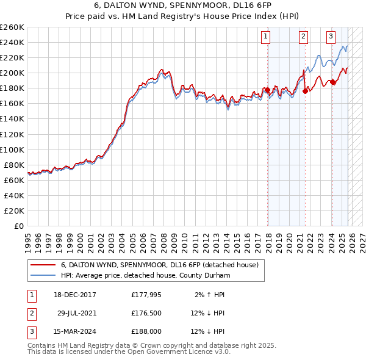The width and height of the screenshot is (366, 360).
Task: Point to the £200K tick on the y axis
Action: click(x=12, y=73)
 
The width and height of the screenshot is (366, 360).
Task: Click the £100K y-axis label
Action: click(x=12, y=149)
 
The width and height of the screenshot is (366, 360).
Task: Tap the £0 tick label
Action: click(x=19, y=226)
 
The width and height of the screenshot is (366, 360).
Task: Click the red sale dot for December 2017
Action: click(x=267, y=90)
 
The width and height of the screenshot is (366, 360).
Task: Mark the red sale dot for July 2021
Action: click(x=305, y=91)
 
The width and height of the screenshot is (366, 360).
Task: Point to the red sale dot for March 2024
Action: click(x=333, y=82)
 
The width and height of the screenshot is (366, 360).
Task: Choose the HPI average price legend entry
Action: click(x=145, y=276)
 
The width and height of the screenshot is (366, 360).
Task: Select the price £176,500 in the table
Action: click(x=146, y=314)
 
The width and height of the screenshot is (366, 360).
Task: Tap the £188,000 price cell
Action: click(x=146, y=333)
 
